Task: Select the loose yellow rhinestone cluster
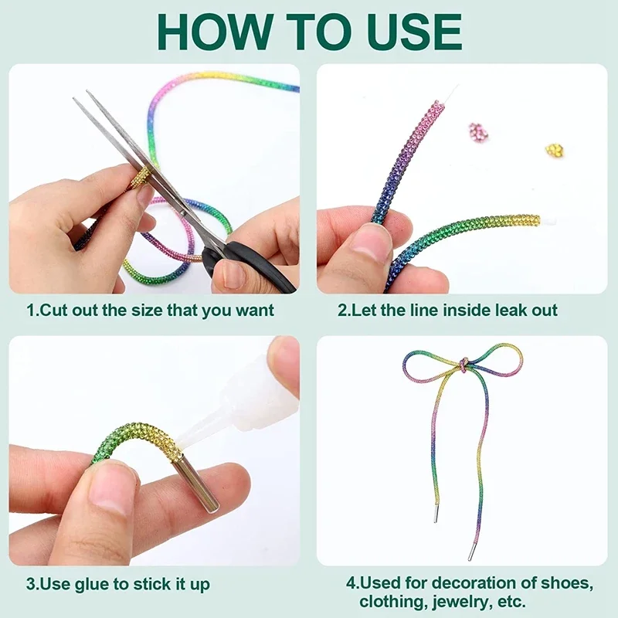click(x=555, y=150)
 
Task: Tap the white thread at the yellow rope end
click(x=548, y=220)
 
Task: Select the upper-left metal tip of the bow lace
click(x=436, y=513)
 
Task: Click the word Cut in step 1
click(x=54, y=310)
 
